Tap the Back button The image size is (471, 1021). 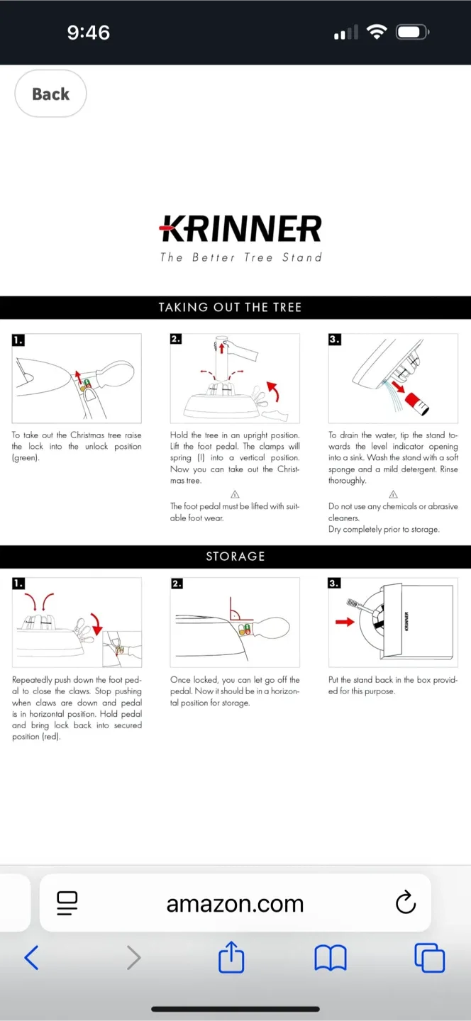coord(50,94)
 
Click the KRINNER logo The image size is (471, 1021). coord(240,229)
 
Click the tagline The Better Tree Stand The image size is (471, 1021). coord(240,257)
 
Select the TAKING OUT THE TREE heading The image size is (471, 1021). coord(230,307)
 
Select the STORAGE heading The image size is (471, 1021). coord(235,556)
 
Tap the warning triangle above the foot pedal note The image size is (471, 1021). coord(235,494)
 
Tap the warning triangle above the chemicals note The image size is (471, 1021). coord(393,494)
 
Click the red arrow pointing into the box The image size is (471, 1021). coord(345,622)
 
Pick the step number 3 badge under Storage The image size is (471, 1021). coord(334,583)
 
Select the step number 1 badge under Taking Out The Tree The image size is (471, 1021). coord(18,340)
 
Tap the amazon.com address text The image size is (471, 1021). coord(235,903)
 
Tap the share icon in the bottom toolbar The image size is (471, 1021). coord(231,958)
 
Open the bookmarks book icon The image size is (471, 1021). coord(330,958)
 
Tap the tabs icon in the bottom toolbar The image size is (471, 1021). coord(429,958)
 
